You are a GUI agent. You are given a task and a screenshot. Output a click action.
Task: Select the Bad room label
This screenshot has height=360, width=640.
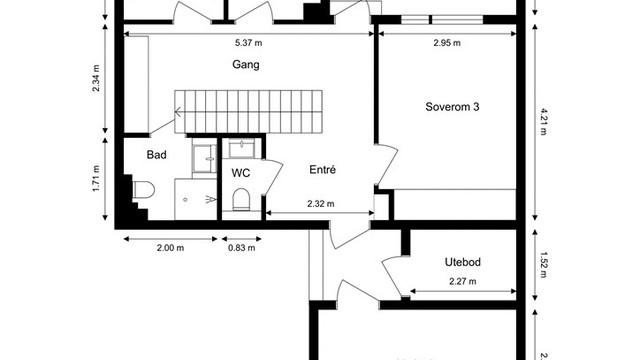pyautogui.click(x=156, y=155)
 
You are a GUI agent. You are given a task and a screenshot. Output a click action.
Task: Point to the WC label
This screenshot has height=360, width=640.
pyautogui.click(x=240, y=172)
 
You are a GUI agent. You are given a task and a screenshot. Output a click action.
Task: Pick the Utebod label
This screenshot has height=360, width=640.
pyautogui.click(x=463, y=262)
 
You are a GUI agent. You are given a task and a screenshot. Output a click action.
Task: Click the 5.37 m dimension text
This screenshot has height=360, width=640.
pyautogui.click(x=248, y=43)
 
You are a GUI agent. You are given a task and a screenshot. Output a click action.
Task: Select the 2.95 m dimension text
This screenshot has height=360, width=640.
pyautogui.click(x=447, y=43)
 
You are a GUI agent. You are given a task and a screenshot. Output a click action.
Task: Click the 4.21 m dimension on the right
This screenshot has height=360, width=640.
pyautogui.click(x=543, y=122)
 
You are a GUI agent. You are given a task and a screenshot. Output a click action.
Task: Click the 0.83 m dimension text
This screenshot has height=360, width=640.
pyautogui.click(x=241, y=248)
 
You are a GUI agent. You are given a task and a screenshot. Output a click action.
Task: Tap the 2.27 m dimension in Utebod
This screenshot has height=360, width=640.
pyautogui.click(x=464, y=282)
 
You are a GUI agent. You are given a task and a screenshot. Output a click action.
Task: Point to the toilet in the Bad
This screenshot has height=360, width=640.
pyautogui.click(x=142, y=190)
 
